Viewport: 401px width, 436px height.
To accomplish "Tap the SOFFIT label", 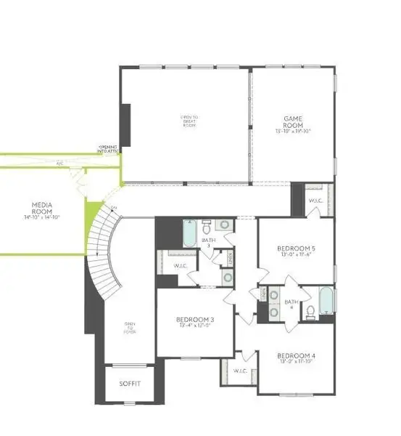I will [x=130, y=384].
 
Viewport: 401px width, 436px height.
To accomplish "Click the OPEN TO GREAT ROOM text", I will [x=189, y=120].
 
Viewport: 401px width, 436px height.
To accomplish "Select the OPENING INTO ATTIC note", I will [x=109, y=148].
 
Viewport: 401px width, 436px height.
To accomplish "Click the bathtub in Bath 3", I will [x=189, y=234].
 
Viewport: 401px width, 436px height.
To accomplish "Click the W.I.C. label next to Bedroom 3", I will [x=181, y=266].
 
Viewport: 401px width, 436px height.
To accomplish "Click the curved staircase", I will [x=102, y=254].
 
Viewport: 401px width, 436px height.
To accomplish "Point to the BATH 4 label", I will [x=292, y=303].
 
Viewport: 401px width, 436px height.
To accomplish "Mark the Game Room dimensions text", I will [x=293, y=132].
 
